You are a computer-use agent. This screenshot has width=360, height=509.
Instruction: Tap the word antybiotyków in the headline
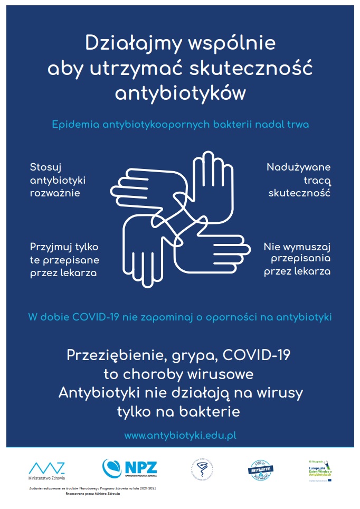(x=181, y=93)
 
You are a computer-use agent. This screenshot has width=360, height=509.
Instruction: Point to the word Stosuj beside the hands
(x=46, y=167)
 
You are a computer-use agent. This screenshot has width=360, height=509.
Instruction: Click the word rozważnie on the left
(x=55, y=193)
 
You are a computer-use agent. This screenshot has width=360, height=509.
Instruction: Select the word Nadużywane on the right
(x=298, y=167)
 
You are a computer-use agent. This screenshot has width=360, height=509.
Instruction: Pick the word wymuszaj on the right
(x=307, y=247)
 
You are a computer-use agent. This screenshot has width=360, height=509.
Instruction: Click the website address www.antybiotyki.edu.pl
(x=180, y=436)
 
